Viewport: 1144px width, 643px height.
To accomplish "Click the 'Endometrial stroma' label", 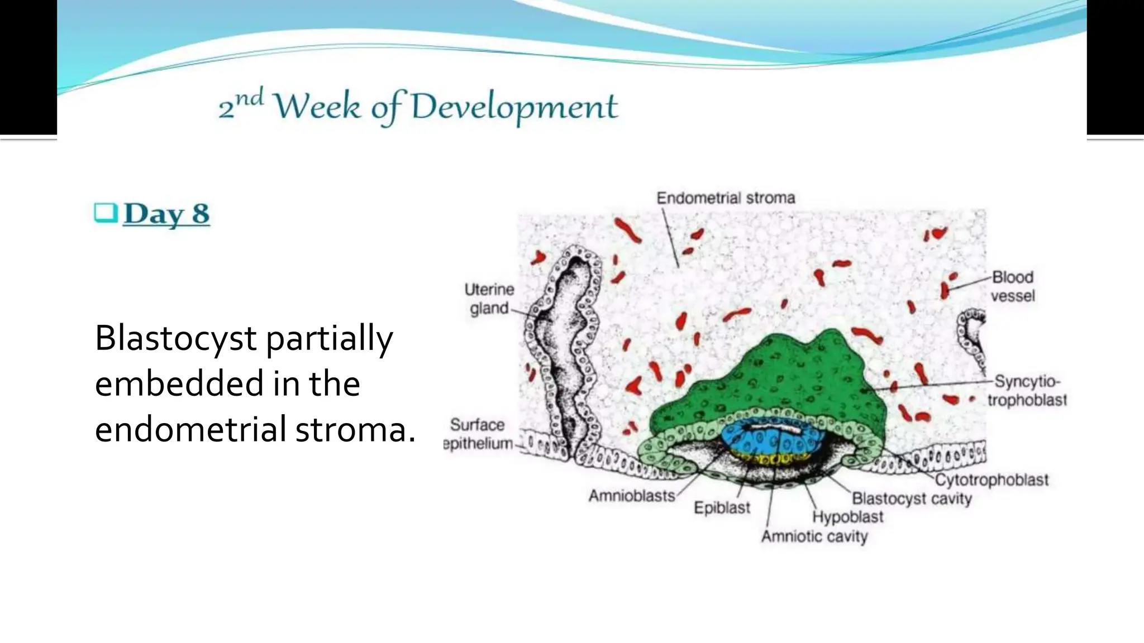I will point(725,198).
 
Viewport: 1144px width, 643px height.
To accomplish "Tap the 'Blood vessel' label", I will point(1012,286).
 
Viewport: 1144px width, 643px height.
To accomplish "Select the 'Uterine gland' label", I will point(489,299).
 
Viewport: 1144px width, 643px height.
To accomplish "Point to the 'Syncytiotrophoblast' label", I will point(1027,391).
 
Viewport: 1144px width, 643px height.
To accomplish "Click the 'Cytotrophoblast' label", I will point(992,480).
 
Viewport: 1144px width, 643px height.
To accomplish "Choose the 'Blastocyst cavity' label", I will point(912,498).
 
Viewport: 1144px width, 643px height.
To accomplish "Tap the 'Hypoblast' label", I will point(847,517).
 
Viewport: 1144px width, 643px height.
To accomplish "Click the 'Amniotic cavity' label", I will point(814,536).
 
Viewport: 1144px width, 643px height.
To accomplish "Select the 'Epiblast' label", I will point(722,508).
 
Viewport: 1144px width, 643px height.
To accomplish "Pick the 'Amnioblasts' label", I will point(632,496).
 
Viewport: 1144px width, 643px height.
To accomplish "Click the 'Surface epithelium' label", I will point(478,434).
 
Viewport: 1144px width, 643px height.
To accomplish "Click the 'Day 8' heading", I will point(166,214).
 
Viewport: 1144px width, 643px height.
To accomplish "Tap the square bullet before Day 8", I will point(106,213).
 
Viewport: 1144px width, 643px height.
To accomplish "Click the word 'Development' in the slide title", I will point(514,107).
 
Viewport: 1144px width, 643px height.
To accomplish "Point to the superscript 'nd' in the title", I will point(249,99).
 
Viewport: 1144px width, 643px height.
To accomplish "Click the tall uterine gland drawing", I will point(561,352).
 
